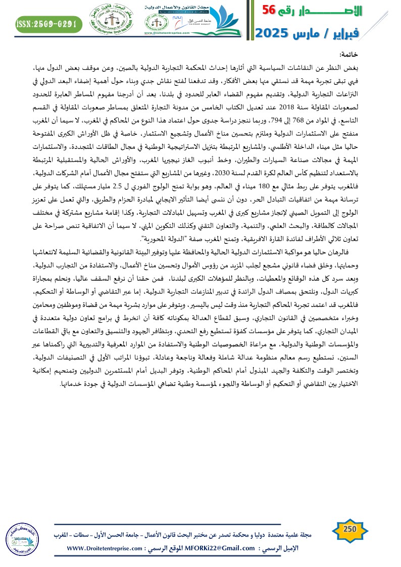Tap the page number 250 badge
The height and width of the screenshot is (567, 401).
click(350, 528)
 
